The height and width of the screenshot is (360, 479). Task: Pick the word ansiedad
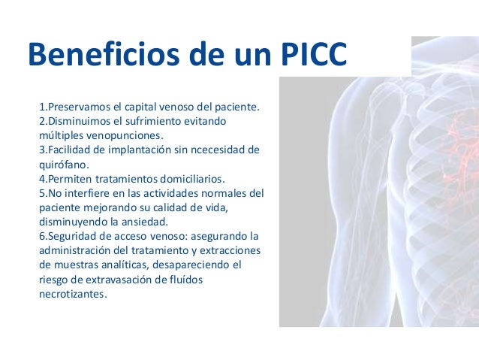pos(146,222)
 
